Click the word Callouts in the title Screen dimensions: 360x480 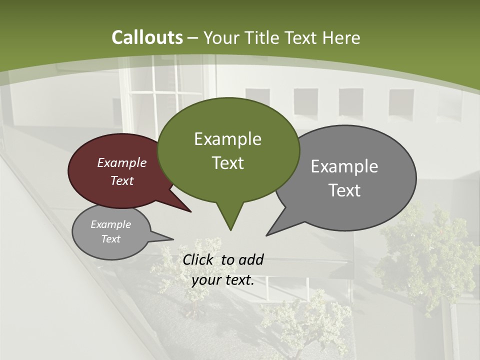coord(147,37)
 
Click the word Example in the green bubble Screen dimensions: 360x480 coord(227,139)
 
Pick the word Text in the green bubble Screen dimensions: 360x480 coord(227,163)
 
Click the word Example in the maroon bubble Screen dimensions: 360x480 coord(122,162)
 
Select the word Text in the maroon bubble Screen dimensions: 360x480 coord(122,180)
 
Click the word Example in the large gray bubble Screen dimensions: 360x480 coord(344,166)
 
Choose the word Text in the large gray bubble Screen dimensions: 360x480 coord(344,190)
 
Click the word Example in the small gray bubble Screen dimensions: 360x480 coord(110,224)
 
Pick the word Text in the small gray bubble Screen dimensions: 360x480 coord(110,239)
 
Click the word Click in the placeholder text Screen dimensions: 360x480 coord(197,259)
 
